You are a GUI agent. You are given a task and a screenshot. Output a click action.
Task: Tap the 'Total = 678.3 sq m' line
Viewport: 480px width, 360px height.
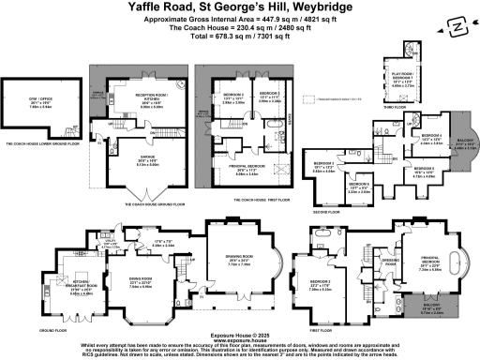(240, 45)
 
